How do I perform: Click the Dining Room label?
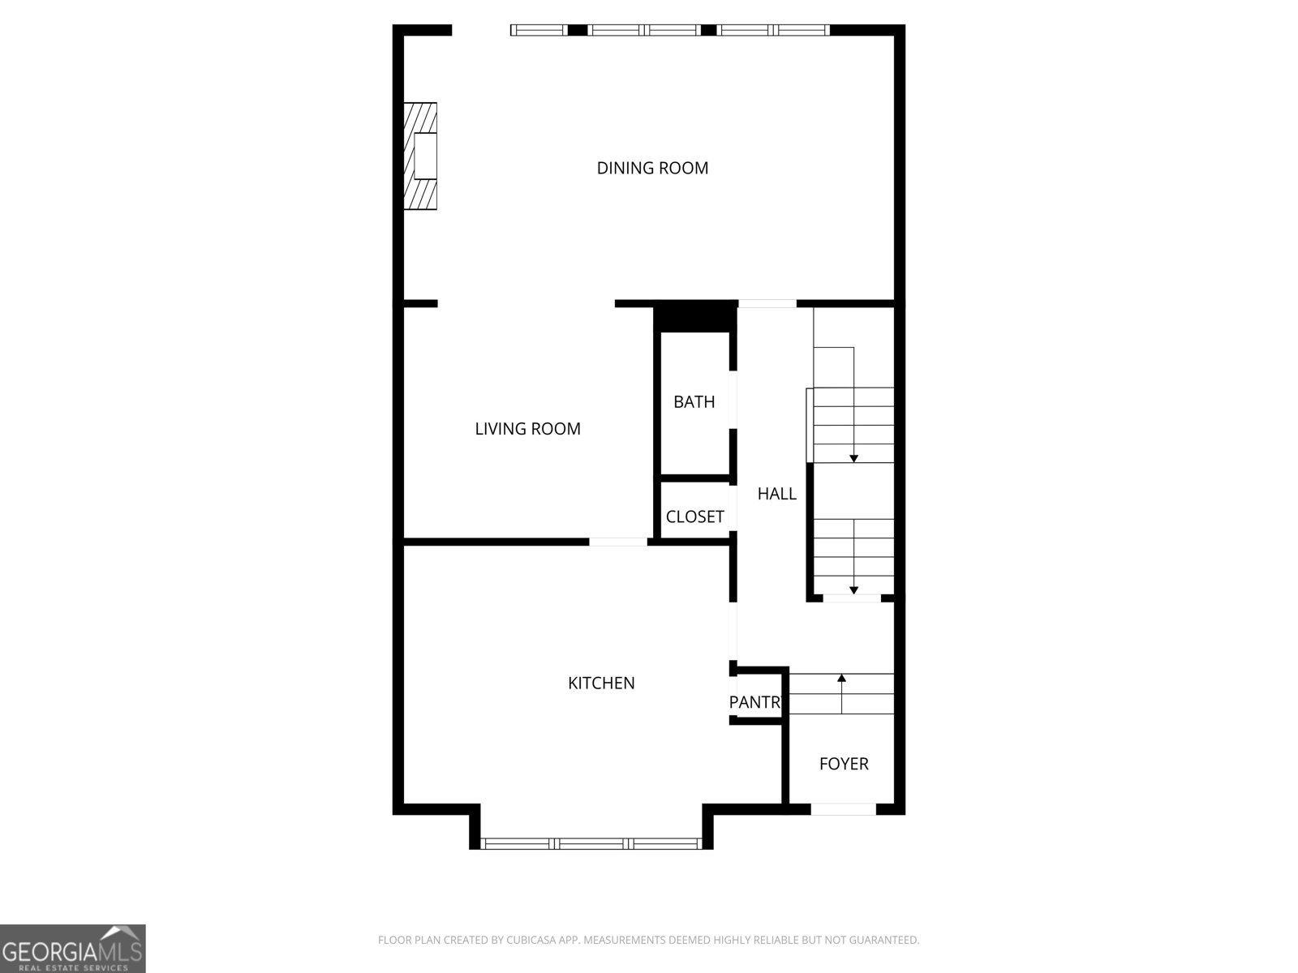coord(652,168)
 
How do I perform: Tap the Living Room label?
coord(527,429)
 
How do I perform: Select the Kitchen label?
coord(601,684)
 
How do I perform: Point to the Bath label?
coord(694,401)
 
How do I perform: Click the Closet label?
coord(694,517)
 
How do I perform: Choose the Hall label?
coord(776,494)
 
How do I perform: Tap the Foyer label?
coord(844,764)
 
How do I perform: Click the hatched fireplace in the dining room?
coord(421,156)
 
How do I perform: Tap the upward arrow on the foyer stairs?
coord(841,678)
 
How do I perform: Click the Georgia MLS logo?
coord(72,948)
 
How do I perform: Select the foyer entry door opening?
coord(844,808)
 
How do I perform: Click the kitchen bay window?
coord(591,843)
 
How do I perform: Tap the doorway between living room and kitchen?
coord(618,541)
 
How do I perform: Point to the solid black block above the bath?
coord(694,316)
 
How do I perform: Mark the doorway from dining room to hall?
coord(767,304)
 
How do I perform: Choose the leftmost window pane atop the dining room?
coord(538,30)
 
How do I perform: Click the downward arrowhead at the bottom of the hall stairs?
coord(853,590)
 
